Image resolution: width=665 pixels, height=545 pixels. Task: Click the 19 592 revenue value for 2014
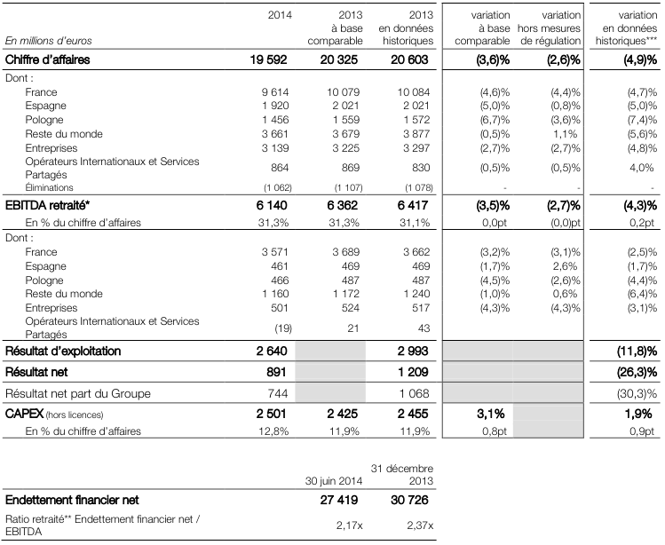(x=268, y=59)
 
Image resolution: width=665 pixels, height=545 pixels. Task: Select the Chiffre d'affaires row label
(x=48, y=59)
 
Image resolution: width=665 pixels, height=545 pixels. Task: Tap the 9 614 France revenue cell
(x=275, y=92)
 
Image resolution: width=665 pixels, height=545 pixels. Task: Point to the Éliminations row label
(x=49, y=187)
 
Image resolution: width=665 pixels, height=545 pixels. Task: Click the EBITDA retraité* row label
(x=48, y=205)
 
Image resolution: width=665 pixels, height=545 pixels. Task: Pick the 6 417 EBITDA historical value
(x=413, y=205)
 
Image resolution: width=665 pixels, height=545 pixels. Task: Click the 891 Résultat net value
(x=276, y=372)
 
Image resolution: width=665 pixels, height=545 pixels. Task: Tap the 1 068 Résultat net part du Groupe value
(x=414, y=393)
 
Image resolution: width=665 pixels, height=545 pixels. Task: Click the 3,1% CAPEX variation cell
(x=491, y=414)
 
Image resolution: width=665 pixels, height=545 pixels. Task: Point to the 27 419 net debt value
(x=339, y=500)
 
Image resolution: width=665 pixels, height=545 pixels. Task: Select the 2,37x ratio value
(x=420, y=525)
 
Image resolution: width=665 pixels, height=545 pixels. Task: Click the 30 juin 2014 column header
(x=334, y=481)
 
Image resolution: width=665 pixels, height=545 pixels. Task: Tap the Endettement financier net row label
(x=72, y=500)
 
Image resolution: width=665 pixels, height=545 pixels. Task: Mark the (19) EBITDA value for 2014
(x=283, y=328)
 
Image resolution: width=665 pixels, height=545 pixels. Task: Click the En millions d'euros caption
(x=48, y=41)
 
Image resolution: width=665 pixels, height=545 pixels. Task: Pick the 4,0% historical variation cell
(x=642, y=168)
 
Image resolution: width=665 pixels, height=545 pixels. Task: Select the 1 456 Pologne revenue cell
(x=275, y=120)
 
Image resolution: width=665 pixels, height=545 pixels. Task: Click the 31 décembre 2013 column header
(x=402, y=475)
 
